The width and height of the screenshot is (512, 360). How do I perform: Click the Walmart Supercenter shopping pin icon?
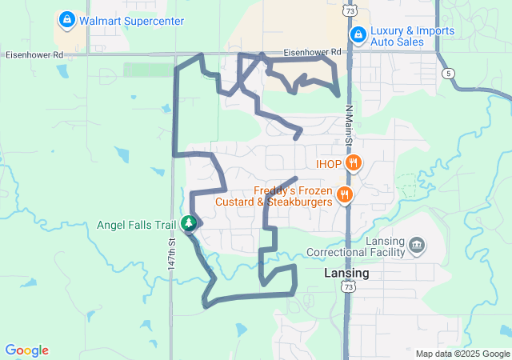click(67, 18)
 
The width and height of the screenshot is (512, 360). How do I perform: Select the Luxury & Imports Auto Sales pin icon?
click(358, 35)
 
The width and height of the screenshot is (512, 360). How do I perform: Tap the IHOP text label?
click(330, 164)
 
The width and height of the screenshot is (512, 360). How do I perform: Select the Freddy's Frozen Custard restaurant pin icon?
click(345, 195)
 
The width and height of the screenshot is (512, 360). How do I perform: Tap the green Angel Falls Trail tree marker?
click(189, 224)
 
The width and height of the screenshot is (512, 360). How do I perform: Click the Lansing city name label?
click(346, 273)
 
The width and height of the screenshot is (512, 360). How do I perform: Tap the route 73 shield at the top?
click(347, 10)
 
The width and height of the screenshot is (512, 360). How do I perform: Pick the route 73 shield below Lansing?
click(346, 286)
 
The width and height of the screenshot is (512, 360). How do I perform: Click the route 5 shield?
click(450, 73)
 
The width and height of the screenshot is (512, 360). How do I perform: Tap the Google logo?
click(27, 350)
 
